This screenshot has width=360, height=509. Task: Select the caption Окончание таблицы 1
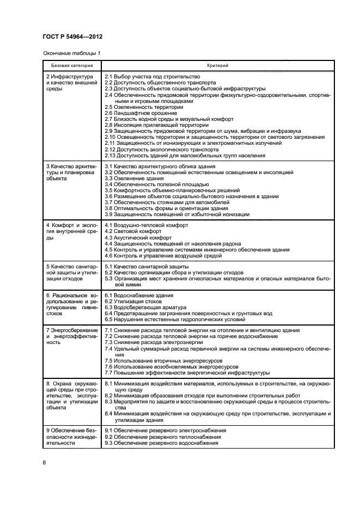[x=71, y=53]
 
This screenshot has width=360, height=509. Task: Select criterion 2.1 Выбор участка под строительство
[x=149, y=77]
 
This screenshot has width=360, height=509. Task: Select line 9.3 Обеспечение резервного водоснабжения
[x=161, y=443]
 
